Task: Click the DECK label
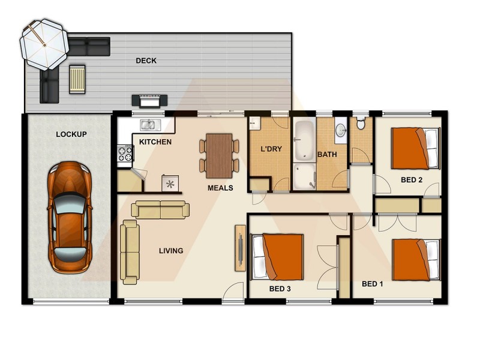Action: tap(146, 61)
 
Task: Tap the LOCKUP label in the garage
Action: tap(71, 134)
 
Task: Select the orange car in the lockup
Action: tap(70, 217)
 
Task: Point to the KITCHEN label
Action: tap(155, 142)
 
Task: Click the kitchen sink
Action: tap(148, 125)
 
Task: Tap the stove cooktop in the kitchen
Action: tap(125, 155)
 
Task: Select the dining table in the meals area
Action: tap(219, 155)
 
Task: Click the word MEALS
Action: tap(220, 188)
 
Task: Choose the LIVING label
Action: tap(171, 251)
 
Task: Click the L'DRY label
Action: tap(271, 149)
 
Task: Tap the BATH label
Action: tap(327, 155)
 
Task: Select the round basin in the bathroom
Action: tap(340, 130)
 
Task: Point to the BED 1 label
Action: tap(372, 284)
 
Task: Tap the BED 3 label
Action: tap(280, 289)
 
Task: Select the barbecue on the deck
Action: tap(148, 101)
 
